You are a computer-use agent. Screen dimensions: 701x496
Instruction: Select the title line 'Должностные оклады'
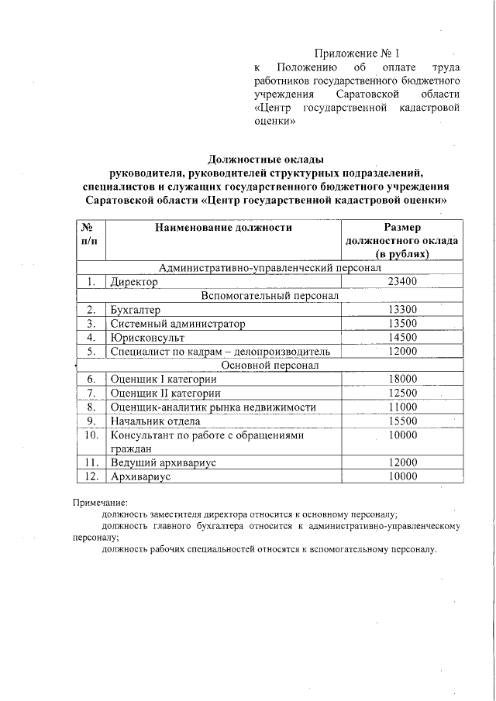pyautogui.click(x=266, y=159)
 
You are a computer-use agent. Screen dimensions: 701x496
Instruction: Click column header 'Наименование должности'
pyautogui.click(x=223, y=228)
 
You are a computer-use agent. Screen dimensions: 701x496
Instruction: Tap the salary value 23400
pyautogui.click(x=402, y=282)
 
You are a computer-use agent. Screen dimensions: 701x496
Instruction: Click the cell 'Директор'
pyautogui.click(x=134, y=283)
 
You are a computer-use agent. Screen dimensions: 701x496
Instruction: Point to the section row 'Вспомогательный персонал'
pyautogui.click(x=270, y=296)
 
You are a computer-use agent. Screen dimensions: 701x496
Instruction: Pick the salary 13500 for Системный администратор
pyautogui.click(x=402, y=324)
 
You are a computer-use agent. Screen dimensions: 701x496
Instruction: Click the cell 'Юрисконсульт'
pyautogui.click(x=144, y=338)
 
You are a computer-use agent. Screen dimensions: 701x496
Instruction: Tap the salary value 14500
pyautogui.click(x=402, y=338)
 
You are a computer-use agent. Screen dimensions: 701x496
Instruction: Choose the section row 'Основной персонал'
pyautogui.click(x=270, y=365)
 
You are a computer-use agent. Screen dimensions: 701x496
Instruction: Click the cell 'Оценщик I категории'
pyautogui.click(x=164, y=379)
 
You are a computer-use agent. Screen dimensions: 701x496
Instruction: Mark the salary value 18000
pyautogui.click(x=402, y=379)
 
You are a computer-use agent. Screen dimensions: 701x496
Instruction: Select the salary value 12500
pyautogui.click(x=402, y=393)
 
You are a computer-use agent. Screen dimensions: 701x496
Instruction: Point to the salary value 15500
pyautogui.click(x=402, y=421)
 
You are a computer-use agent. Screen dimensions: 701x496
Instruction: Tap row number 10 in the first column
pyautogui.click(x=91, y=435)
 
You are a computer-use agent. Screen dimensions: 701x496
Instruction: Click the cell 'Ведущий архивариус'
pyautogui.click(x=163, y=462)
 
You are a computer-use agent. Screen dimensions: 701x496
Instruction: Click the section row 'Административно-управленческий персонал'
pyautogui.click(x=270, y=268)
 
